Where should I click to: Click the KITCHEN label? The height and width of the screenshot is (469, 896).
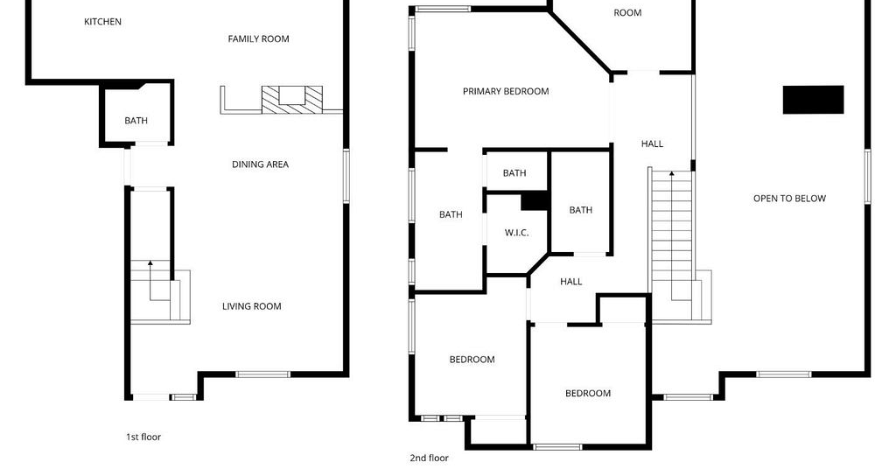[x=103, y=22]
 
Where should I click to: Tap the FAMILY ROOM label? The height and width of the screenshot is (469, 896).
[x=258, y=38]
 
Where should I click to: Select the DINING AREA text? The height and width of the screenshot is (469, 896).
[x=260, y=164]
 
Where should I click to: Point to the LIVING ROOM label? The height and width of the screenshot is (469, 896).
[x=251, y=306]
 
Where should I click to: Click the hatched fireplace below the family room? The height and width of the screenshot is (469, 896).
[x=292, y=100]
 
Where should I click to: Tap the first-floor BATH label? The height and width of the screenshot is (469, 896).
[x=136, y=121]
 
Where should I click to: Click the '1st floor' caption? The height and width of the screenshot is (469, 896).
[x=143, y=437]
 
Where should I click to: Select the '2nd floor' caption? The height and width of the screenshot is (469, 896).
[x=429, y=458]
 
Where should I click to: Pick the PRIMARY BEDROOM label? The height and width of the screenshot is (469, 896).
[x=506, y=91]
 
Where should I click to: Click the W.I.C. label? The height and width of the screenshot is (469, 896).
[x=516, y=233]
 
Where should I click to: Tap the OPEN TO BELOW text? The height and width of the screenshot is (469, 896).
[x=789, y=199]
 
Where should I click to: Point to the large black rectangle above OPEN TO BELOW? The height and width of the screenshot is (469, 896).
[x=813, y=100]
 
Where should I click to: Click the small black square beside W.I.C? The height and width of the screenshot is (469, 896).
[x=535, y=201]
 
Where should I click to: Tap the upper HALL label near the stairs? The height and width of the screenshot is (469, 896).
[x=652, y=144]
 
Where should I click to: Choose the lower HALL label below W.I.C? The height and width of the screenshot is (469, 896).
[x=570, y=282]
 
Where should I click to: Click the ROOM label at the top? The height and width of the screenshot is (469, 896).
[x=627, y=12]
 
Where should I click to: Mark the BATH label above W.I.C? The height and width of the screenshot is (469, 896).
[x=514, y=173]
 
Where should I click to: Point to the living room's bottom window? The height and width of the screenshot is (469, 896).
[x=262, y=374]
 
